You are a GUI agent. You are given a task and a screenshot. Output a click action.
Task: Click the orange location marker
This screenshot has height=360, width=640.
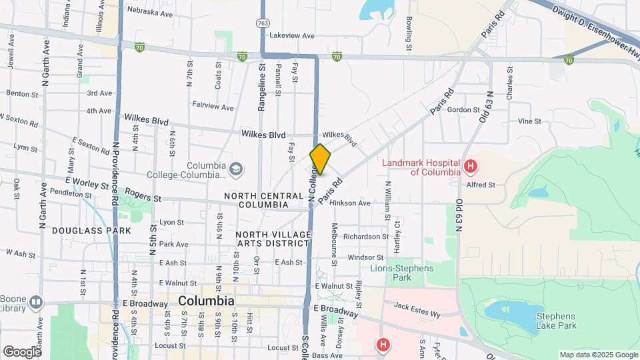321,159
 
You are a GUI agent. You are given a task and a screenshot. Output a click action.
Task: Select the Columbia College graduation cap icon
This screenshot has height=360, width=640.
235,170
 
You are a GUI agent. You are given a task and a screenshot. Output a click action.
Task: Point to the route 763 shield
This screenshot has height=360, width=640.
263,23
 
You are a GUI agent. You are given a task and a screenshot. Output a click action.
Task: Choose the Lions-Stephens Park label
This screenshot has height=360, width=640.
401,273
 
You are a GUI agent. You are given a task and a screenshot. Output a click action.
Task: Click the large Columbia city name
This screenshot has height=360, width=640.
206,301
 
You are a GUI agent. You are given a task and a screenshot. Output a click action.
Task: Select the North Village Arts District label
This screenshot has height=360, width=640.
273,239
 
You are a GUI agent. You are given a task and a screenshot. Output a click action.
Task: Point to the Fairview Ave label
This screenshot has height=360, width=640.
213,107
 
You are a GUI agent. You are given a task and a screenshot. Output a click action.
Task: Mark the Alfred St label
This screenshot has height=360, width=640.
481,185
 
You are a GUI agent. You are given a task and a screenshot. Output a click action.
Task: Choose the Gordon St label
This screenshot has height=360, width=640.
464,110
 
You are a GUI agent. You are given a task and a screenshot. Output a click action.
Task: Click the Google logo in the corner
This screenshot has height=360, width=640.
21,351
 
